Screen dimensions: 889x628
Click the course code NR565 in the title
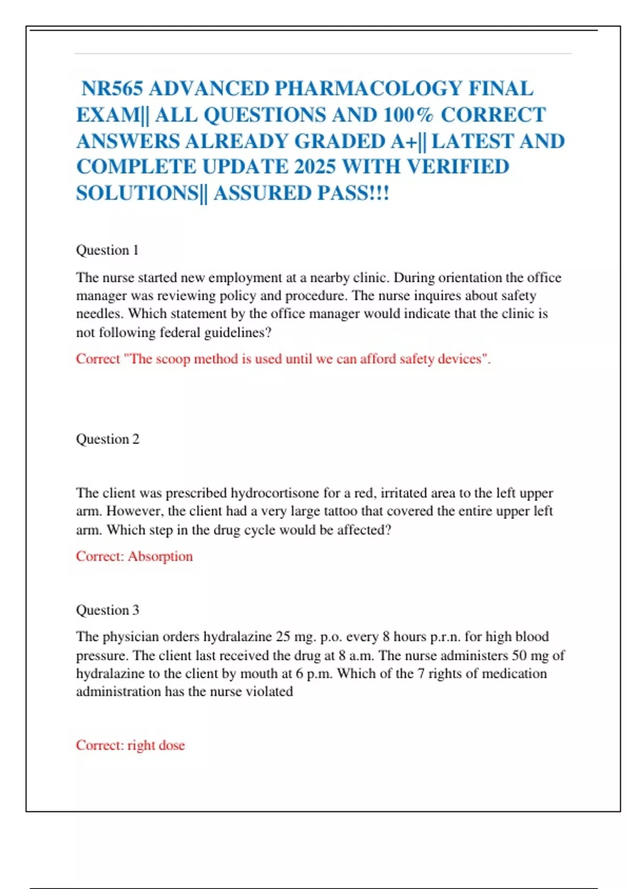point(112,89)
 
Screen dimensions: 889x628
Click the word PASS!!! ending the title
point(353,193)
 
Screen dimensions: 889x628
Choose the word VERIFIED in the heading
point(457,167)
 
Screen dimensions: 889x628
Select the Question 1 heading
point(107,250)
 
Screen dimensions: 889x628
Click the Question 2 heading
point(108,439)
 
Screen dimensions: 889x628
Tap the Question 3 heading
point(108,610)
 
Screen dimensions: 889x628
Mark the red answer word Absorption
point(160,556)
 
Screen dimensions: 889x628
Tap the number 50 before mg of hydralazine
point(519,655)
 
